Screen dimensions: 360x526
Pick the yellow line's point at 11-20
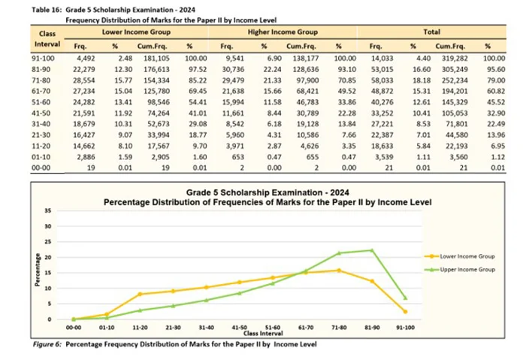pos(140,294)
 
